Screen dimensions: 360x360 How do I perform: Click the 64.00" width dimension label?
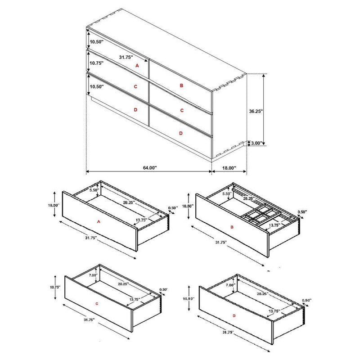149,167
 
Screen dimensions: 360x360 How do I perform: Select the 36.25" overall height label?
256,110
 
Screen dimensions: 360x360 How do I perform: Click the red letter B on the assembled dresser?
182,85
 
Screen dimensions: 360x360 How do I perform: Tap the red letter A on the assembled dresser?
138,66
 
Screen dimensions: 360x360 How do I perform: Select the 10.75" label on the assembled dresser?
97,63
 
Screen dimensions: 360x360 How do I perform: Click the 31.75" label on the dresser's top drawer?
126,57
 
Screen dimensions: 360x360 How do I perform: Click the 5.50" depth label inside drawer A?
94,190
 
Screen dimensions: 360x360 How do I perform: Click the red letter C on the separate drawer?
97,304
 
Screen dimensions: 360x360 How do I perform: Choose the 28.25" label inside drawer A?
129,202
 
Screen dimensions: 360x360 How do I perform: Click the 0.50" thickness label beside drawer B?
303,212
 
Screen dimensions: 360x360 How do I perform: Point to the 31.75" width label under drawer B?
221,242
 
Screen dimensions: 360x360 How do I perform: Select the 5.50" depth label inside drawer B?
227,193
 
